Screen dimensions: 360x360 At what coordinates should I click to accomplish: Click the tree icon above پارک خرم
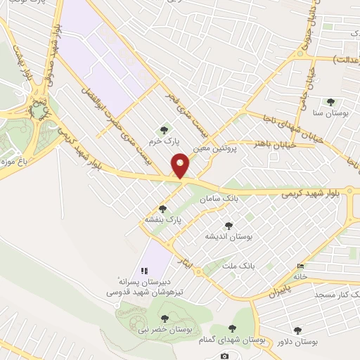pos(165,129)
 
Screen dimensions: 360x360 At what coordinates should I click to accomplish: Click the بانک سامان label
pos(217,200)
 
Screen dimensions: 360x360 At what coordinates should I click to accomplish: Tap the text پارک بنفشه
pos(164,219)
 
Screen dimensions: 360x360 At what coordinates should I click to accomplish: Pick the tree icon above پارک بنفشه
pos(163,208)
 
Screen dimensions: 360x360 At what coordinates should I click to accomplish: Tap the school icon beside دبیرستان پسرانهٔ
pos(143,270)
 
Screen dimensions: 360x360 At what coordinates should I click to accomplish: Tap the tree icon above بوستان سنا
pos(330,102)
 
